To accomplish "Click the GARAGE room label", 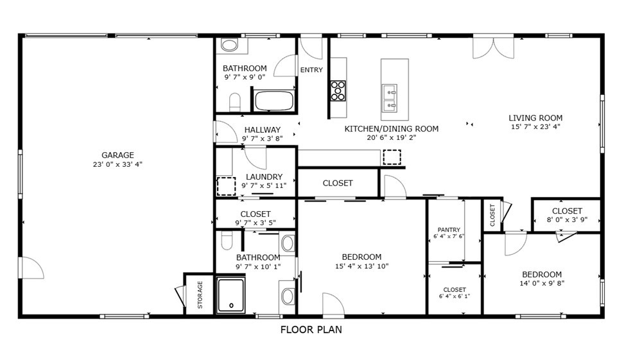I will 117,155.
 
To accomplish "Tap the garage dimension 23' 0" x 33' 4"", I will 117,164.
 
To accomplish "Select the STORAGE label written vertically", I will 200,295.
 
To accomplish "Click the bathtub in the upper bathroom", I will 274,101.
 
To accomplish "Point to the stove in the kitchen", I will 338,90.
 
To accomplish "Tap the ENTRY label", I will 311,71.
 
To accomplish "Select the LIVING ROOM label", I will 535,117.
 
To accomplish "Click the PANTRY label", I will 448,230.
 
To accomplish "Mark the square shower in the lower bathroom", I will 230,295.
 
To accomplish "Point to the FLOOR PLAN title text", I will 311,330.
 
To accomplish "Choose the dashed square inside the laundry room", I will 226,186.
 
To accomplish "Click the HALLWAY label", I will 262,130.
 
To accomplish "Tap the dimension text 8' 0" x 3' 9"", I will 567,220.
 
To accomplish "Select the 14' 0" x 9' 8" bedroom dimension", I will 541,283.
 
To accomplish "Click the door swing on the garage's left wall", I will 31,268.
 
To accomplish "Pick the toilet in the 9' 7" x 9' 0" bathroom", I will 235,102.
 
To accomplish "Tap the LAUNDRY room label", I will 264,176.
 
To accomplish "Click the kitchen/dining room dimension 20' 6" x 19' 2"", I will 392,137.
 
